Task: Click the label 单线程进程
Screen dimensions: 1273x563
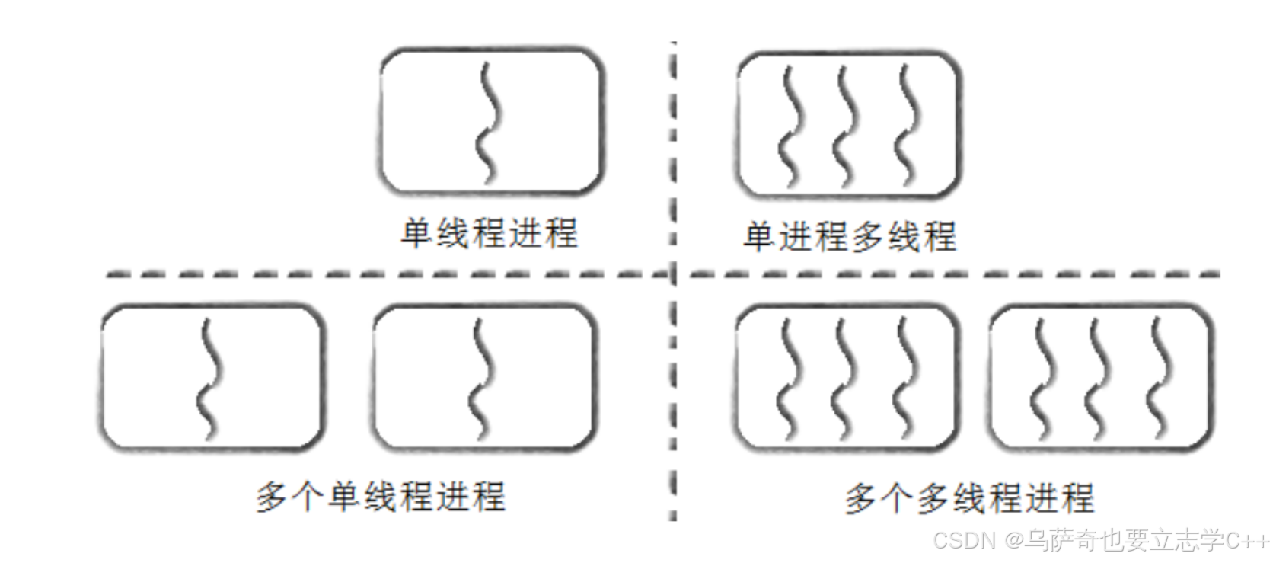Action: click(489, 233)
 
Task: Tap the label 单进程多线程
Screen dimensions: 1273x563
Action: click(849, 236)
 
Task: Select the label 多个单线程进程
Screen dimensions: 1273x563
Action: click(381, 497)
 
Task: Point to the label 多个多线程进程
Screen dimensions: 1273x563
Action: click(969, 499)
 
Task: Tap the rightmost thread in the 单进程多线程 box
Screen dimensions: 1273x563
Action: click(907, 126)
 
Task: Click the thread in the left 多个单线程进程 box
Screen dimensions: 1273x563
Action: click(209, 379)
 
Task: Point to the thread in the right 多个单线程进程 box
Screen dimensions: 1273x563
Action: click(481, 379)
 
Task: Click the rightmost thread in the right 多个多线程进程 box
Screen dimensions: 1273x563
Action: click(1159, 379)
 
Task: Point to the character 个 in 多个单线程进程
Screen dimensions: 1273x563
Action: click(308, 497)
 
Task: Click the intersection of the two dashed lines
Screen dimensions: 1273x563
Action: click(673, 274)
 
